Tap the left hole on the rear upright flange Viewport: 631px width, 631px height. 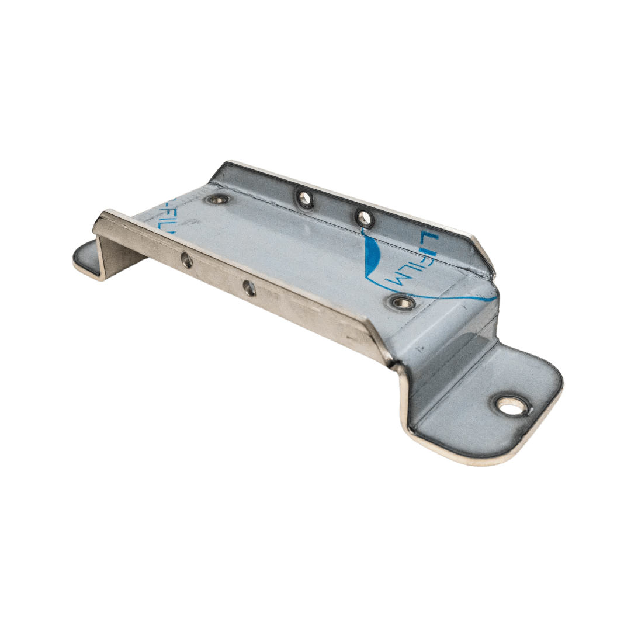pos(305,199)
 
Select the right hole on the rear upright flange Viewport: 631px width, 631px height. pos(365,218)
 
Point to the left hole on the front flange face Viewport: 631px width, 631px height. pos(186,261)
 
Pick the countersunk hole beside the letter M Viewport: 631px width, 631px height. pos(402,302)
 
